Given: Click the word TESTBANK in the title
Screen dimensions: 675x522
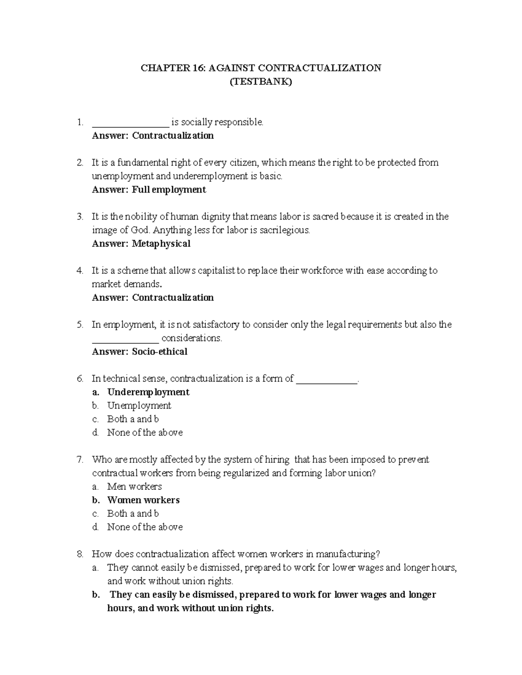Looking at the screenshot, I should pos(261,82).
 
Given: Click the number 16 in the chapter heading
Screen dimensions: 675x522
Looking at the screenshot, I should pos(197,68).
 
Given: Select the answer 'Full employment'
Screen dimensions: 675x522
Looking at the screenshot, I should pos(169,190).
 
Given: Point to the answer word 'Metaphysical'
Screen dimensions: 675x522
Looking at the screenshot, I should pos(161,244).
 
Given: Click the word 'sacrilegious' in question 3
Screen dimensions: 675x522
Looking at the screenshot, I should pos(284,230).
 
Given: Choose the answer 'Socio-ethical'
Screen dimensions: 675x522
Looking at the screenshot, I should pos(160,352).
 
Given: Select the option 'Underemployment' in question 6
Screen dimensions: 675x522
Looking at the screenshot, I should pos(148,392).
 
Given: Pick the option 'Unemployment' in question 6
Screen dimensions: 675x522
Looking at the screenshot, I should pos(139,406).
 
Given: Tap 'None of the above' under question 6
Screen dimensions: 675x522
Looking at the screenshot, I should pos(145,432).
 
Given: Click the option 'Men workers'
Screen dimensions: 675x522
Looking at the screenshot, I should pos(134,486).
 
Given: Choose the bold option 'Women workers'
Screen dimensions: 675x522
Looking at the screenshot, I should pos(144,500).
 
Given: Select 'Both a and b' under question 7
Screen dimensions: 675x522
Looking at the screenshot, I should pos(133,513).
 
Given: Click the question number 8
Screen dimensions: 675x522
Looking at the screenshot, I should pos(80,554).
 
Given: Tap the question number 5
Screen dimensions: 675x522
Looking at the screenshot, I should pos(80,325).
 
